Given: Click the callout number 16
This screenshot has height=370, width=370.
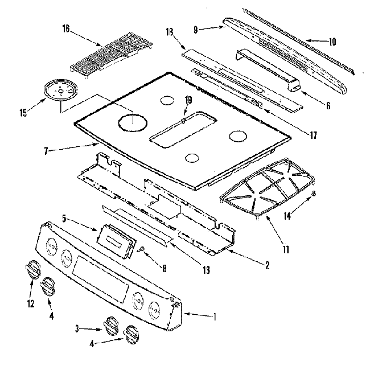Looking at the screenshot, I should [x=65, y=29].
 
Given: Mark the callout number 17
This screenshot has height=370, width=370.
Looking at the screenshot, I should [x=313, y=135].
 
